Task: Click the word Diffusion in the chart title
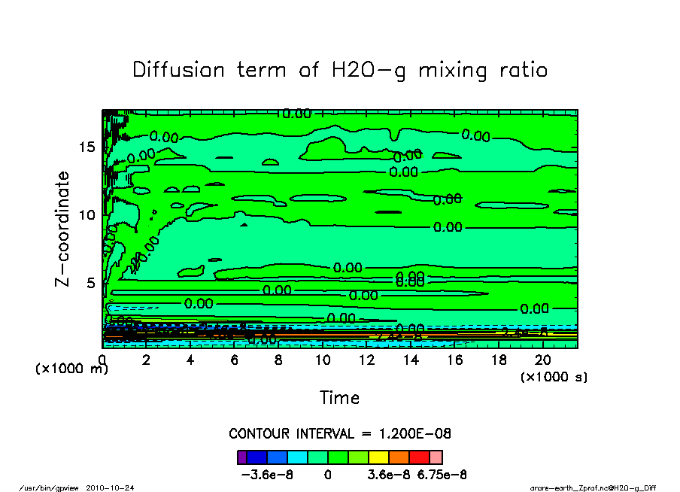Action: pyautogui.click(x=179, y=70)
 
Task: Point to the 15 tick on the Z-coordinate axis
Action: pyautogui.click(x=87, y=146)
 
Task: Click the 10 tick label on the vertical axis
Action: pyautogui.click(x=87, y=214)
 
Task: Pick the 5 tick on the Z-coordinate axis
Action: pyautogui.click(x=92, y=283)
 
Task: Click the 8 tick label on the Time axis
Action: pyautogui.click(x=278, y=360)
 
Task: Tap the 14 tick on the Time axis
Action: pyautogui.click(x=410, y=360)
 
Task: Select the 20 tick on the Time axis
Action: pyautogui.click(x=542, y=360)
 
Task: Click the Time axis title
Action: pyautogui.click(x=340, y=397)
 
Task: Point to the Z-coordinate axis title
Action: pyautogui.click(x=63, y=229)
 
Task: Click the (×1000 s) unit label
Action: pyautogui.click(x=554, y=376)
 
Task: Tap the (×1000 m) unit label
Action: pyautogui.click(x=71, y=369)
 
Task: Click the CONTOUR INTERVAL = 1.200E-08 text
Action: pyautogui.click(x=340, y=434)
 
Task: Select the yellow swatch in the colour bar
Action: pyautogui.click(x=378, y=457)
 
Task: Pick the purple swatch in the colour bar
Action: pyautogui.click(x=241, y=457)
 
